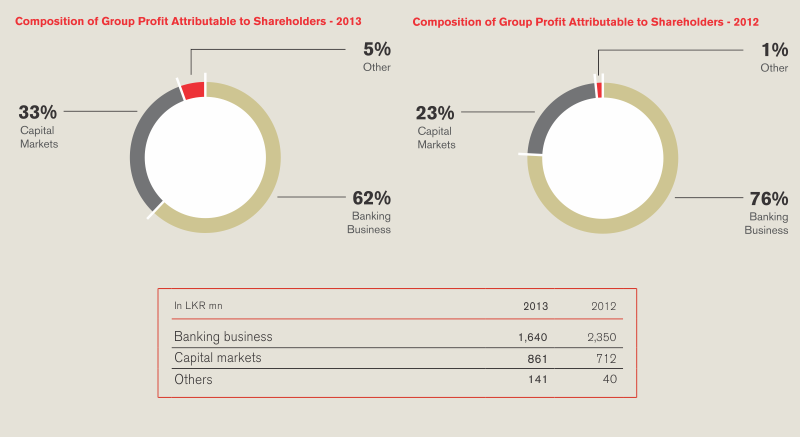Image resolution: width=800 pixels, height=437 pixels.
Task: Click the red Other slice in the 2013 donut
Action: (194, 90)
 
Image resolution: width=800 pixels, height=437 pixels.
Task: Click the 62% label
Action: (371, 198)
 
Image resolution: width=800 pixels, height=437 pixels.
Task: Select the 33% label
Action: (38, 112)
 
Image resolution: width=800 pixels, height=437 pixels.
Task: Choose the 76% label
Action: (769, 199)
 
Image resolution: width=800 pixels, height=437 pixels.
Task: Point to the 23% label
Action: (435, 113)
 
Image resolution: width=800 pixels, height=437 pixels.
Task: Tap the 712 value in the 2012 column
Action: (605, 358)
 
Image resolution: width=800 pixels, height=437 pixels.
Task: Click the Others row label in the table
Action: (193, 380)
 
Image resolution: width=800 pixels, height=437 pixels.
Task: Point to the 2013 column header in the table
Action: (536, 305)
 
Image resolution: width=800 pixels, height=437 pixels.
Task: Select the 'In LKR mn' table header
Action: (197, 305)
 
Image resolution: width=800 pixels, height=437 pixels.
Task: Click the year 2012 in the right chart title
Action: (744, 21)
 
